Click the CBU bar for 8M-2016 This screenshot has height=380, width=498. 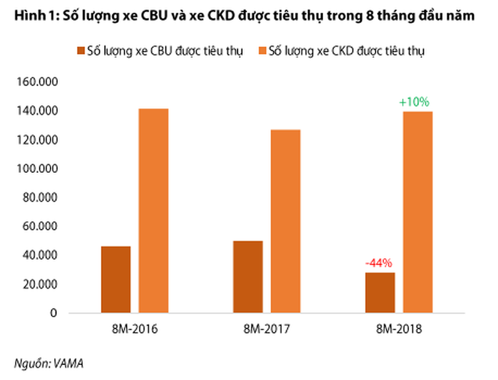116,279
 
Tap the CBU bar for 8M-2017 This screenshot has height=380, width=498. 248,276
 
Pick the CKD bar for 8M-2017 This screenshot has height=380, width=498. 285,221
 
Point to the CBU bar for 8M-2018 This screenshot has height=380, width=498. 380,292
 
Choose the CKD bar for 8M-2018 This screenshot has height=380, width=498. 417,211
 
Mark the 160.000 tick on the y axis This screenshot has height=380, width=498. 38,82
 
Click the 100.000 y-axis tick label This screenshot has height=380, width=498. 38,169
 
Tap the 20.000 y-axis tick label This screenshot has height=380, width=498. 40,284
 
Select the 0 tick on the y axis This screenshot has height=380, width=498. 54,313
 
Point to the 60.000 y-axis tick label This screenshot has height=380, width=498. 40,226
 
